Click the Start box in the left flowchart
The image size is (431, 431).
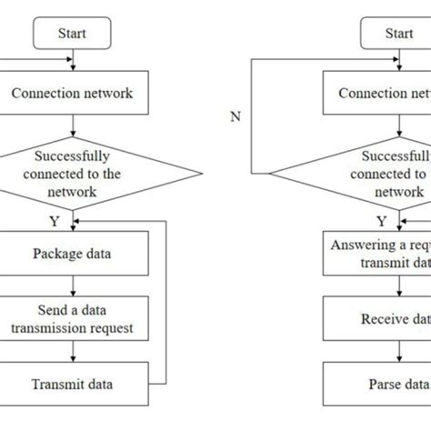pyautogui.click(x=72, y=35)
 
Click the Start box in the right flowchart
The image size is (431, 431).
pyautogui.click(x=398, y=35)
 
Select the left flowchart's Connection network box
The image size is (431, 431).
pyautogui.click(x=72, y=93)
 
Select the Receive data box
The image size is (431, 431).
pyautogui.click(x=398, y=319)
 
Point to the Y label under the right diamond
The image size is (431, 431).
pyautogui.click(x=382, y=219)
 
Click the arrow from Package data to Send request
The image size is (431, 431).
pyautogui.click(x=72, y=282)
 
